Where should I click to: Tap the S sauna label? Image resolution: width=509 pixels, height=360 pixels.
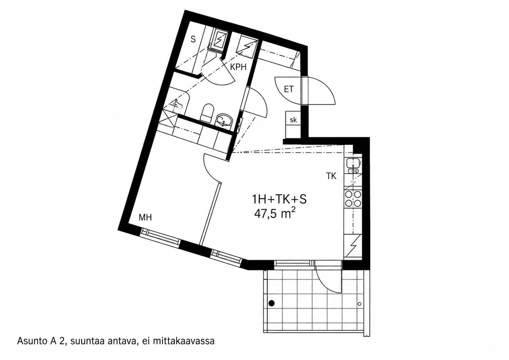coord(193,40)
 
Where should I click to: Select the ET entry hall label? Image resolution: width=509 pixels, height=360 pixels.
coord(289,89)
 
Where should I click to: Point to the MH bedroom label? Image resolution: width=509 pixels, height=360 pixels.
coord(145,218)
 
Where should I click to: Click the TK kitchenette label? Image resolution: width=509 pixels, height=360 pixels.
coord(331,176)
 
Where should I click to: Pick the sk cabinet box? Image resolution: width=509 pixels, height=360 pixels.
coord(293,119)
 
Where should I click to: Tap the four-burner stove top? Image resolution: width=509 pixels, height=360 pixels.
coord(353,199)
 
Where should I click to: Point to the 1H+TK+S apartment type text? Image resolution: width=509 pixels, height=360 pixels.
coord(279,199)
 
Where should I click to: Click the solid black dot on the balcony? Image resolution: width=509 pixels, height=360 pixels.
coord(271,303)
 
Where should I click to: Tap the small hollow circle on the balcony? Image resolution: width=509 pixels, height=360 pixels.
coord(359,304)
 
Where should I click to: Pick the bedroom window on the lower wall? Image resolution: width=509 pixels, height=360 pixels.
coord(160,236)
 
